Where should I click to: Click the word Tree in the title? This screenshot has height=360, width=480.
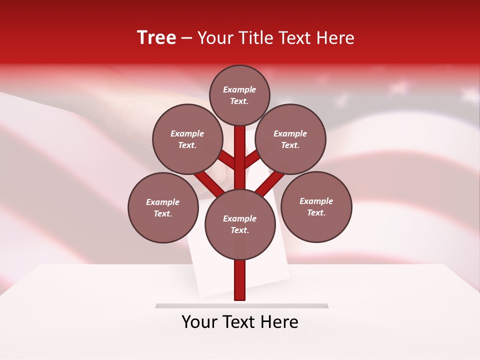(x=156, y=37)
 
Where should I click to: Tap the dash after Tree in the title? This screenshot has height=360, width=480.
(x=186, y=38)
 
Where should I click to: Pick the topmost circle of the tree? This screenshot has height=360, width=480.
(x=239, y=95)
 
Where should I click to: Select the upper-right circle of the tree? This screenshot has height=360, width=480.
(x=290, y=139)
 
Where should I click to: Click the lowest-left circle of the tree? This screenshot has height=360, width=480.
(x=163, y=207)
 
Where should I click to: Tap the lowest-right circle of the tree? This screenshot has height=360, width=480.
(x=316, y=206)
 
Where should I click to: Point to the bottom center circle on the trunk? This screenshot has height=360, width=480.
(x=240, y=224)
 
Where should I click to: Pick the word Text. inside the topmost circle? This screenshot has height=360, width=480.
(x=239, y=101)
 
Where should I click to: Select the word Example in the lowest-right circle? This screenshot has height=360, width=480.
(x=316, y=201)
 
